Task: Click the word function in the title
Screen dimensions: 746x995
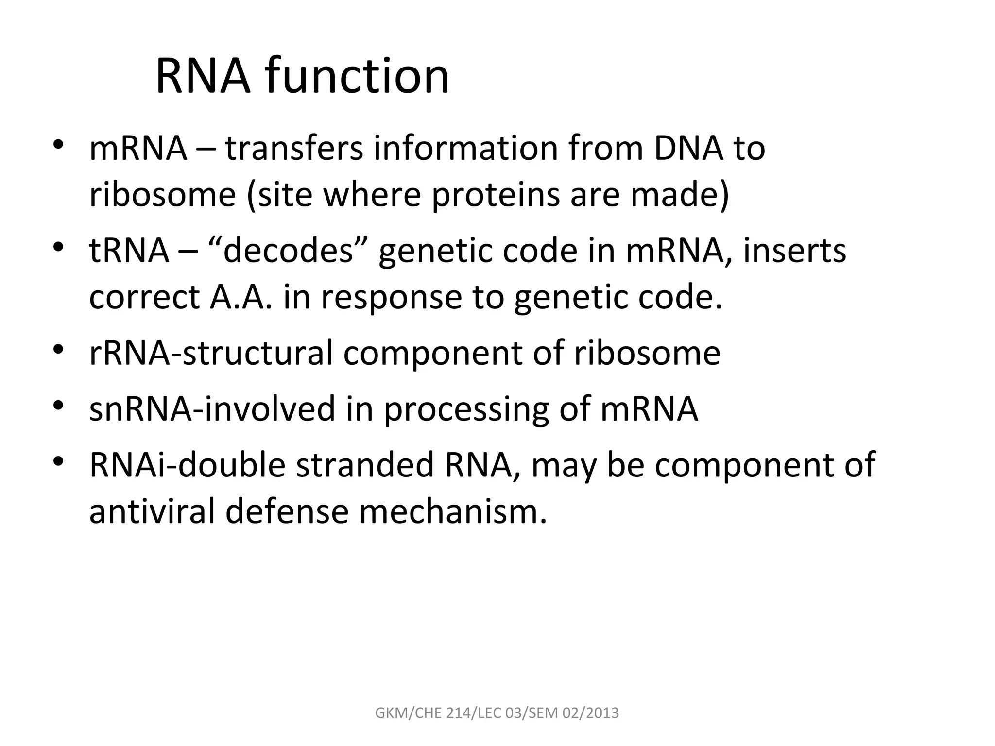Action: pos(357,77)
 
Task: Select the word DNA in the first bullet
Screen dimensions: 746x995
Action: pos(688,148)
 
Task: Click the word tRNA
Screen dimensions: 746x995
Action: pos(129,251)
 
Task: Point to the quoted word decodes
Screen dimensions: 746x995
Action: pos(288,251)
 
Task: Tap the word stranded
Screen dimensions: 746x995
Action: pos(364,465)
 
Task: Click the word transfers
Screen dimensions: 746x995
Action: pos(294,148)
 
